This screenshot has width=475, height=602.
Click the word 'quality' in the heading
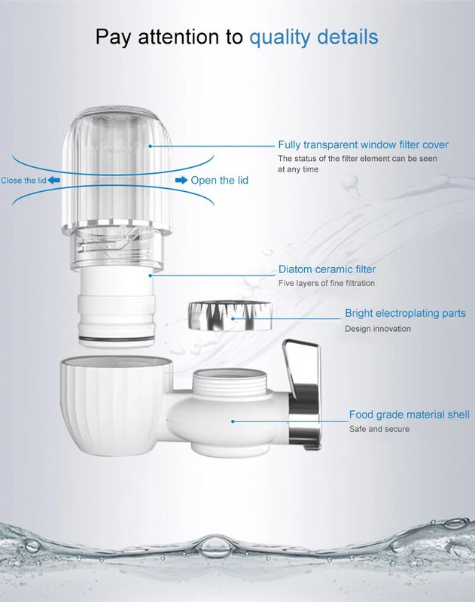(x=280, y=38)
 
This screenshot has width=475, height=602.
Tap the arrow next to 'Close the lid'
(x=53, y=180)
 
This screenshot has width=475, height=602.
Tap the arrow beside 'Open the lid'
(x=181, y=180)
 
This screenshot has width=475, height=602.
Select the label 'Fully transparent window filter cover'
(x=364, y=144)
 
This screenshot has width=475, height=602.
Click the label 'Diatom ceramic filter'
(x=327, y=269)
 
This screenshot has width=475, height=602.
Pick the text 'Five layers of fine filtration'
(x=327, y=283)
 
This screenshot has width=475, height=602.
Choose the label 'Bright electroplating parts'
(x=405, y=313)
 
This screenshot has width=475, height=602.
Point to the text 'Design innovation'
(x=378, y=329)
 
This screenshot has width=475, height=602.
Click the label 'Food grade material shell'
(x=409, y=415)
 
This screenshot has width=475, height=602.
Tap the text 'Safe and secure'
(x=379, y=429)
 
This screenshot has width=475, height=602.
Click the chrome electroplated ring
(x=230, y=316)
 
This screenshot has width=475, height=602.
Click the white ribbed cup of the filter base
(x=115, y=406)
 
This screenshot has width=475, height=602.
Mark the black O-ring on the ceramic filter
(x=117, y=339)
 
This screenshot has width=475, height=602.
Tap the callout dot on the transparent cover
(x=150, y=146)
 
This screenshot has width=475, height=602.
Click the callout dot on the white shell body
(x=233, y=421)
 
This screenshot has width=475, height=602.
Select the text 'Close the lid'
(x=23, y=181)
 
